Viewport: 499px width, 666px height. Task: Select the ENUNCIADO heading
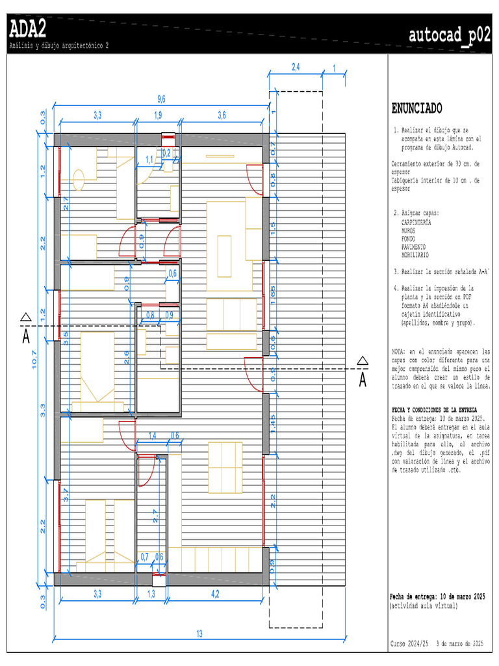pyautogui.click(x=416, y=108)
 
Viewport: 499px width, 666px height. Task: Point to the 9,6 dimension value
pyautogui.click(x=161, y=99)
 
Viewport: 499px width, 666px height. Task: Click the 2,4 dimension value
pyautogui.click(x=296, y=67)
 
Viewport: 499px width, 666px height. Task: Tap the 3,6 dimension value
pyautogui.click(x=222, y=116)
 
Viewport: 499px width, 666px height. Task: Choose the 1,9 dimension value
pyautogui.click(x=157, y=116)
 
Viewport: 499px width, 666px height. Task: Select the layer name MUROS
pyautogui.click(x=409, y=231)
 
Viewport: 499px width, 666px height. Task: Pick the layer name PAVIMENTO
pyautogui.click(x=413, y=247)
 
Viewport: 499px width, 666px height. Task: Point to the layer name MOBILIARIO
pyautogui.click(x=415, y=256)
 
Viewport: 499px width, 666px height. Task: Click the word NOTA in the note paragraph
pyautogui.click(x=400, y=351)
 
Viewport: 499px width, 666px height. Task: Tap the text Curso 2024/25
pyautogui.click(x=409, y=643)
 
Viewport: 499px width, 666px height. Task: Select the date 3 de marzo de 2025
pyautogui.click(x=460, y=643)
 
